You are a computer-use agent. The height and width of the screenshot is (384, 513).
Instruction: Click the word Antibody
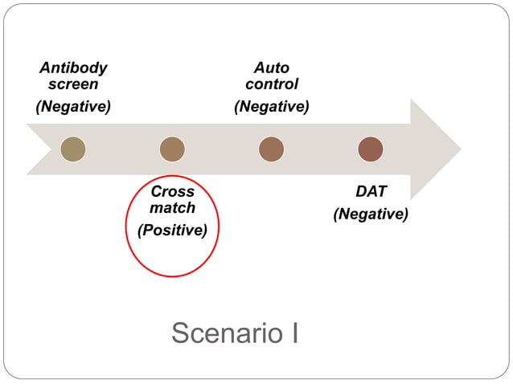coord(73,67)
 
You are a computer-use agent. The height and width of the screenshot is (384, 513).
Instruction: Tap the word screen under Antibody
coord(73,84)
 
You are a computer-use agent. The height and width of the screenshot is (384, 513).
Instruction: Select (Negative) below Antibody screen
coord(73,106)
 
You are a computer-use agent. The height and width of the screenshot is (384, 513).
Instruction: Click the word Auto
coord(271,67)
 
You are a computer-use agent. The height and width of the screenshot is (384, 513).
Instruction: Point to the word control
coord(271,84)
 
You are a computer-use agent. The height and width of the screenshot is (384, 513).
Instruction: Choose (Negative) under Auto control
coord(271,106)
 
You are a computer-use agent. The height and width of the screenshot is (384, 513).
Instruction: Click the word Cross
coord(172,192)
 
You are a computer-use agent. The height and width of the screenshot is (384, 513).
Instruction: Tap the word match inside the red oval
coord(172,208)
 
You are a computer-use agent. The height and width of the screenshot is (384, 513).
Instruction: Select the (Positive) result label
coord(172,231)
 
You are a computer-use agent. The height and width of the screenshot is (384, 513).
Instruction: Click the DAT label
coord(371,191)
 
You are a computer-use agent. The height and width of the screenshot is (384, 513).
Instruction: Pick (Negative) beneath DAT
coord(371,214)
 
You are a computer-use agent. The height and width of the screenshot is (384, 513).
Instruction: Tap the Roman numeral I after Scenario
coord(294,333)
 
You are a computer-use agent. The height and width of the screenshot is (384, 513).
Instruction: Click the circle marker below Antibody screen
coord(73,149)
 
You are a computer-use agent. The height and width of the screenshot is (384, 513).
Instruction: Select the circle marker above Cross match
coord(172,149)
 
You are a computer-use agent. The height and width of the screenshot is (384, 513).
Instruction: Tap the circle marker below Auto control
coord(271,149)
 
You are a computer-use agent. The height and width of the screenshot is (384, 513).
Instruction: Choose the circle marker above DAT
coord(371,149)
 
